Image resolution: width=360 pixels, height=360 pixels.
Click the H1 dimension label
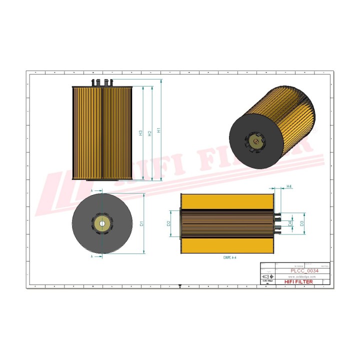pyautogui.click(x=159, y=130)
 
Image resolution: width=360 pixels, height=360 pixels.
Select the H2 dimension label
pyautogui.click(x=150, y=132)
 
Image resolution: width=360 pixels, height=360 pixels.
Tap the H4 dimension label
pyautogui.click(x=289, y=186)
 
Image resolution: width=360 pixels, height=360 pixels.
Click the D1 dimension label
pyautogui.click(x=141, y=223)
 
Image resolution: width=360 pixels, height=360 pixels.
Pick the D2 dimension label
pyautogui.click(x=169, y=223)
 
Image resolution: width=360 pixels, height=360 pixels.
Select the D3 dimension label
pyautogui.click(x=302, y=223)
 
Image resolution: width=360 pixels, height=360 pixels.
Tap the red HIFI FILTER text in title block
pyautogui.click(x=298, y=282)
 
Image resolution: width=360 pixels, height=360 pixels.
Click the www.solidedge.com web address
pyautogui.click(x=302, y=276)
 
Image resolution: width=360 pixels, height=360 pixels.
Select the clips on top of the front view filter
pyautogui.click(x=101, y=81)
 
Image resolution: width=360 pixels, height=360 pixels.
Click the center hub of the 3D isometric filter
pyautogui.click(x=255, y=141)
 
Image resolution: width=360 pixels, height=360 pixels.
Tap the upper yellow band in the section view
pyautogui.click(x=227, y=201)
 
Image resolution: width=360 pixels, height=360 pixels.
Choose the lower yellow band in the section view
pyautogui.click(x=227, y=245)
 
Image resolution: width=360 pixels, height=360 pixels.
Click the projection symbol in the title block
pyautogui.click(x=268, y=276)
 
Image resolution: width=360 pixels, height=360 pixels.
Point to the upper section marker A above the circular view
pyautogui.click(x=92, y=191)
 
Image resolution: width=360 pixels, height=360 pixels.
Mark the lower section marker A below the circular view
pyautogui.click(x=92, y=256)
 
